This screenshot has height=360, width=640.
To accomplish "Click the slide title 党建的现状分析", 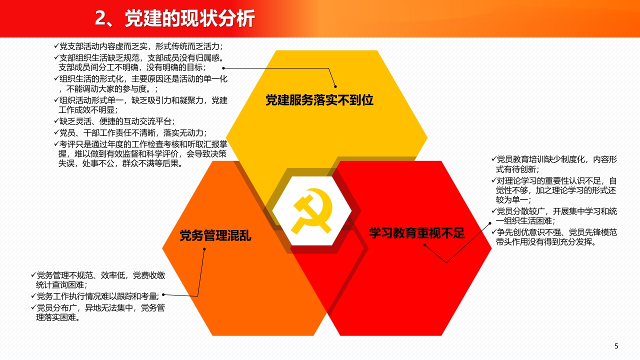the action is tap(189, 18).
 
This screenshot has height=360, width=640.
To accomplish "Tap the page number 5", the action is tap(616, 346).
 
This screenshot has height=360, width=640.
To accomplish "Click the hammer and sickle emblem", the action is tap(312, 211).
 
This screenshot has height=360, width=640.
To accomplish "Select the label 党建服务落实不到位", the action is tap(319, 100).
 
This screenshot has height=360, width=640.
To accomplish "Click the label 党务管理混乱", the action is tap(215, 235).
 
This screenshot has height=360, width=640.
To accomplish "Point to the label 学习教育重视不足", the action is tap(416, 233).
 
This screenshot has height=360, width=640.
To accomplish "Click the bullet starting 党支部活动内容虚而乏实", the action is tap(138, 46).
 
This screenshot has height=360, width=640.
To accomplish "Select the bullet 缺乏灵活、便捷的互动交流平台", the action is tap(114, 121).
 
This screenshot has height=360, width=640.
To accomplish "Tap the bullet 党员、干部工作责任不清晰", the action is tap(130, 133).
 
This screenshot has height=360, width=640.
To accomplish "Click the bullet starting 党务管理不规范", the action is tap(98, 280).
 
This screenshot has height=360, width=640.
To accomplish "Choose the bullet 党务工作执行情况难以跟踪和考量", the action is tap(95, 296).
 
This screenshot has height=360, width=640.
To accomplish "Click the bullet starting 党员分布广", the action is tap(98, 312).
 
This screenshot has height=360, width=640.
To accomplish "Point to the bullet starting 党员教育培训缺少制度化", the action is tap(554, 164).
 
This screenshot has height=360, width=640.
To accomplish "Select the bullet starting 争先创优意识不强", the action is tap(554, 237).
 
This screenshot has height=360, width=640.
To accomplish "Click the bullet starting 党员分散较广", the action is tap(554, 216).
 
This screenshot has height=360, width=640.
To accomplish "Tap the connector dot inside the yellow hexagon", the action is tap(335, 86).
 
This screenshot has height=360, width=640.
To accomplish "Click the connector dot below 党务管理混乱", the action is tap(204, 249).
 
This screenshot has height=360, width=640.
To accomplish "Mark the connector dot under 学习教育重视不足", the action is tap(425, 245).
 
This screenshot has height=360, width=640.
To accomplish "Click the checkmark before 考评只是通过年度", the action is tap(56, 143).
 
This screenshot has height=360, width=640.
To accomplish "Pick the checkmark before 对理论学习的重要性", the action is tap(493, 180).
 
